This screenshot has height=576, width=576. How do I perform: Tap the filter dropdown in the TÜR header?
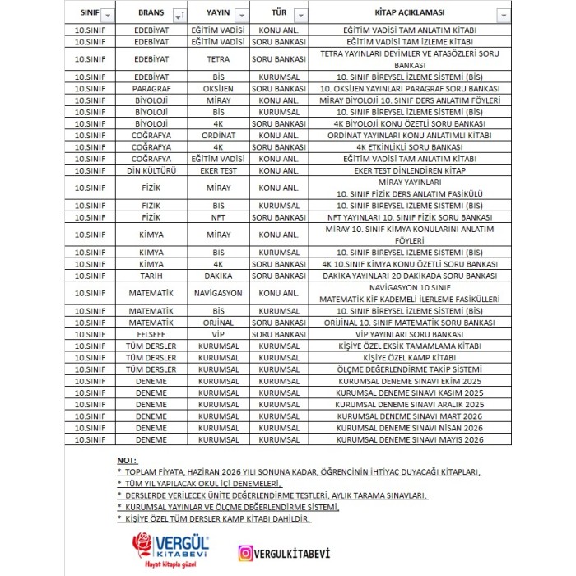pyautogui.click(x=300, y=16)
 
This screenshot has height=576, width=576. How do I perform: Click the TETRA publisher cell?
pyautogui.click(x=218, y=59)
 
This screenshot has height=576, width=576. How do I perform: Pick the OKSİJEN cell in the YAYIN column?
pyautogui.click(x=218, y=88)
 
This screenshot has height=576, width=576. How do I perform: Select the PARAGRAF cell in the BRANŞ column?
pyautogui.click(x=151, y=88)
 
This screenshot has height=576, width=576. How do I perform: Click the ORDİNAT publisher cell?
pyautogui.click(x=218, y=136)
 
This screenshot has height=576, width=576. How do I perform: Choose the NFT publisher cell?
pyautogui.click(x=218, y=217)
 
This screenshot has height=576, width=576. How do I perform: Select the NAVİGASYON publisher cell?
pyautogui.click(x=218, y=293)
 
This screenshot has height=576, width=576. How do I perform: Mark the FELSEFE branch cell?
pyautogui.click(x=151, y=335)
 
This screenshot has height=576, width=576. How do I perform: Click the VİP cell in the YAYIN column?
pyautogui.click(x=218, y=335)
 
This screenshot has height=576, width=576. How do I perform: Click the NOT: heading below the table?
pyautogui.click(x=127, y=460)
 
